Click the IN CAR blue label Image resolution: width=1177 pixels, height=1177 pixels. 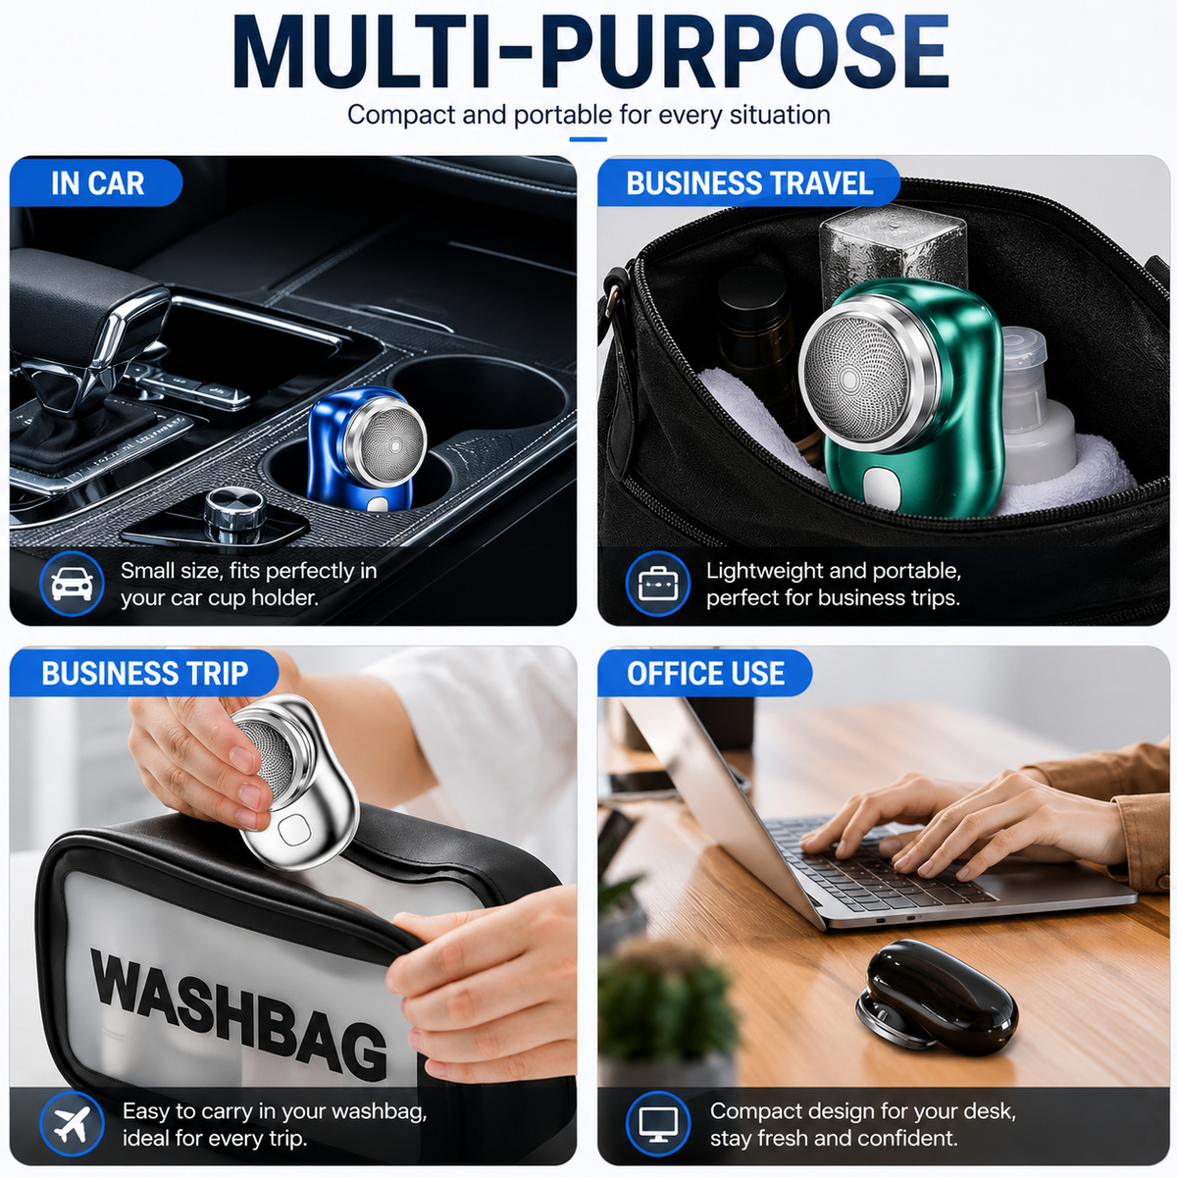[x=96, y=182]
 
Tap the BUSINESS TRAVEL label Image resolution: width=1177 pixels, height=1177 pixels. [x=748, y=182]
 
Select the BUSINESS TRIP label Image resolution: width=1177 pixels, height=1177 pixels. [x=144, y=673]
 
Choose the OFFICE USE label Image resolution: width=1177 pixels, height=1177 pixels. [x=705, y=673]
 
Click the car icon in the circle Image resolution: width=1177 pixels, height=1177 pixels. [x=72, y=584]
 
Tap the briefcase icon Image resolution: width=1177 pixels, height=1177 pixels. [x=658, y=584]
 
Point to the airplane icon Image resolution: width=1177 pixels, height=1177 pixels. [x=72, y=1124]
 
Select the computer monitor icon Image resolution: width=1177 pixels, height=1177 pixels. [x=658, y=1124]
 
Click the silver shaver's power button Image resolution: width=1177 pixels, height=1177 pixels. [x=289, y=829]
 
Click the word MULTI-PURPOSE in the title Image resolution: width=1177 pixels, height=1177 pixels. [x=590, y=54]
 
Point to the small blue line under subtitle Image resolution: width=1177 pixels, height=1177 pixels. [x=588, y=139]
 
